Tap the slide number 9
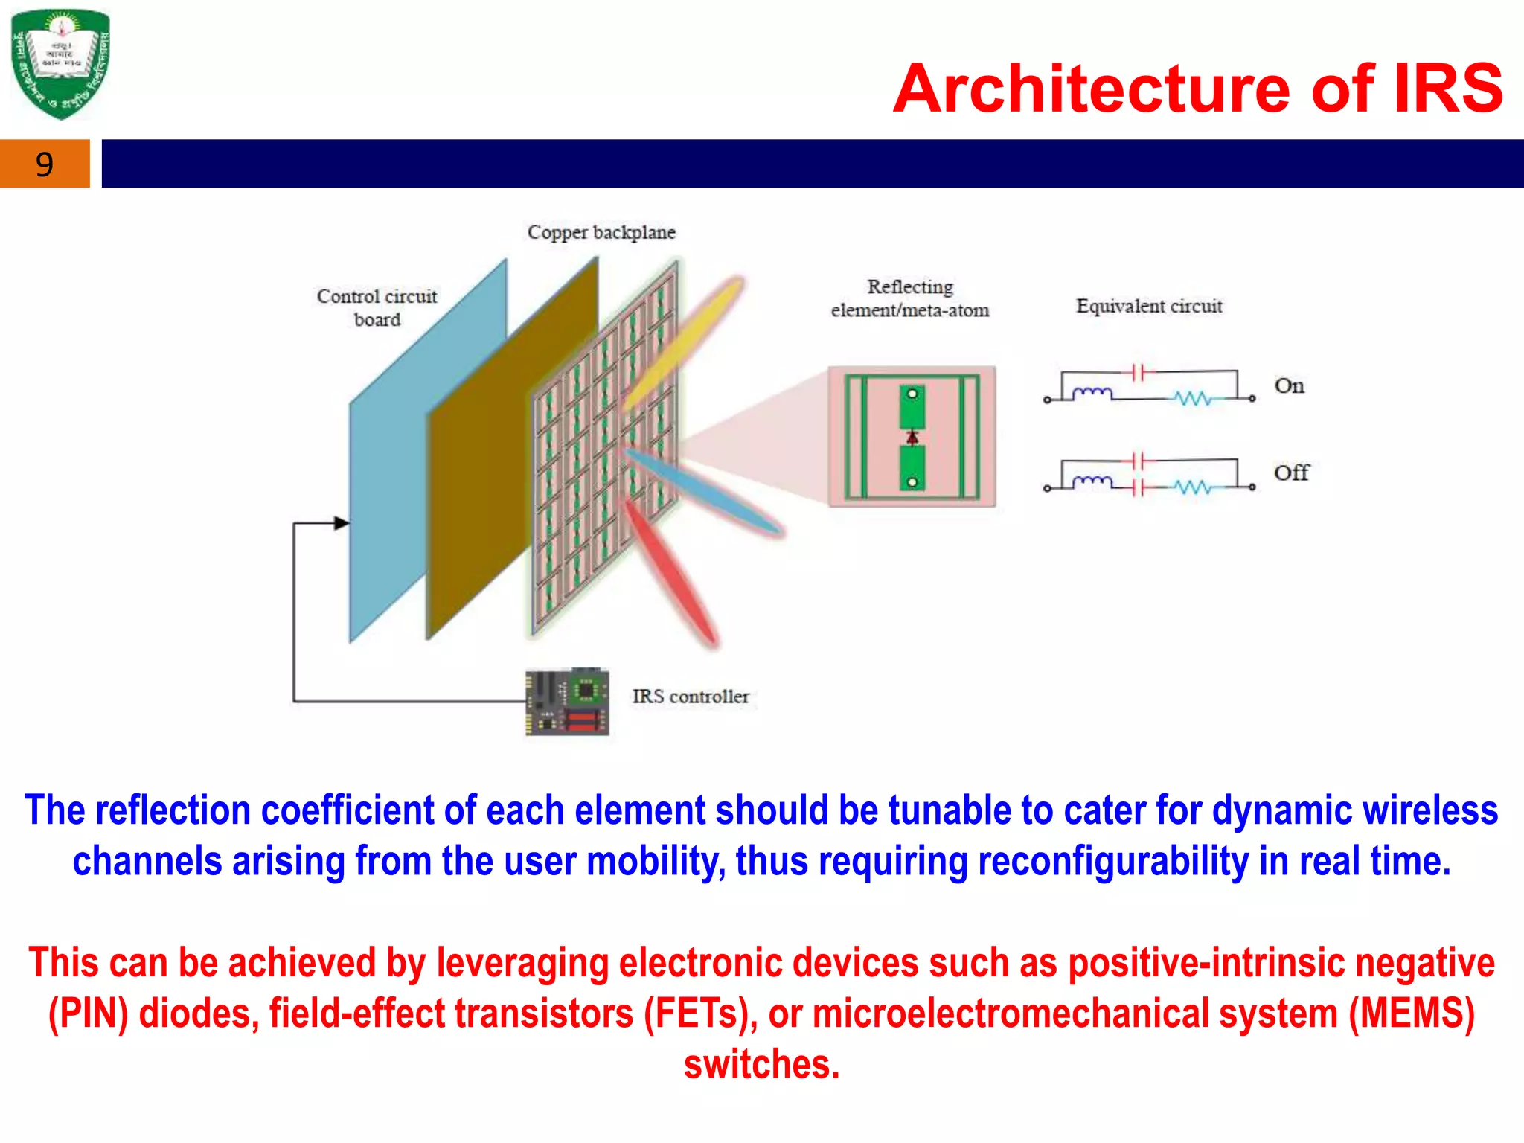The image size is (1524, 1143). tap(45, 164)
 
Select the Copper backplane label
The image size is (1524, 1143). tap(601, 233)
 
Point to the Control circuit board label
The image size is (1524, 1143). tap(377, 307)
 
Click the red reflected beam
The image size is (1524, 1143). tap(670, 573)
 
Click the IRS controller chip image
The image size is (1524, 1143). tap(567, 702)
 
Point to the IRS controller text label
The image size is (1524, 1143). tap(691, 697)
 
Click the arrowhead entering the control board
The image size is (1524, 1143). tap(342, 523)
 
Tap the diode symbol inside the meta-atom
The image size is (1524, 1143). tap(912, 437)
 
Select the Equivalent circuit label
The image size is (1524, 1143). tap(1149, 306)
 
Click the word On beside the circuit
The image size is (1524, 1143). tap(1289, 386)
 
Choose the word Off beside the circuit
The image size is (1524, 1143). tap(1291, 473)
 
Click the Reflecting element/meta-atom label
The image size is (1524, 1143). tap(910, 298)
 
